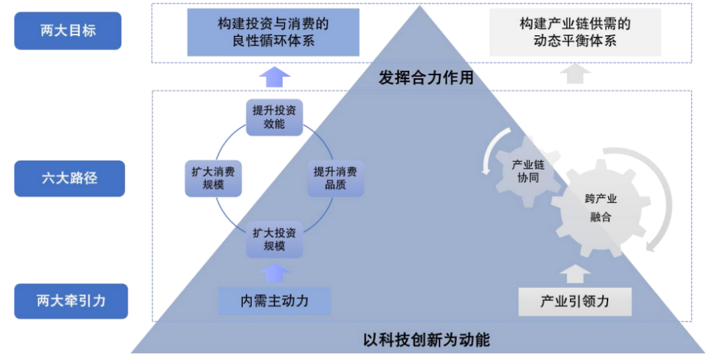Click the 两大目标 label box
coord(68,31)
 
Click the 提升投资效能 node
coord(274,117)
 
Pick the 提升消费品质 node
coord(335,178)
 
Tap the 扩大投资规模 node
coord(274,239)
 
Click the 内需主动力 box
coord(274,300)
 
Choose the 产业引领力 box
coord(575,301)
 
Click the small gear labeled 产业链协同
coord(529,170)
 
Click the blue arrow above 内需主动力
coord(274,271)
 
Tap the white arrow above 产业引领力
coord(575,272)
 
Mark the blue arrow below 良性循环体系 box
coord(274,76)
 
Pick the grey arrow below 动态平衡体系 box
coord(575,74)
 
